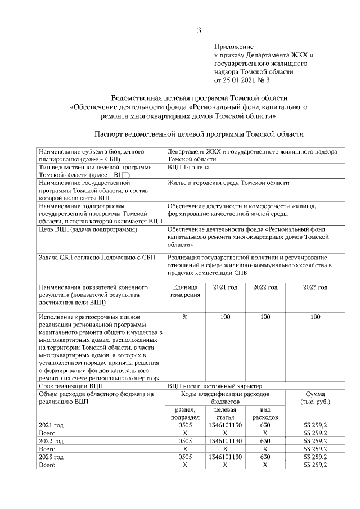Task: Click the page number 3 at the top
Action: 199,30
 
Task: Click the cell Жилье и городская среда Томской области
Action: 228,183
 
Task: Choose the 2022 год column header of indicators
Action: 265,287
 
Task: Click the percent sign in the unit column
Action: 185,317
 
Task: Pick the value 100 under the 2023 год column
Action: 315,317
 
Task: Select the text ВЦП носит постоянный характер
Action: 215,386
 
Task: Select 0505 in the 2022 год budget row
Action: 185,442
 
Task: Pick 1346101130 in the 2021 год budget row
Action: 225,426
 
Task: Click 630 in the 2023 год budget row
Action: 265,457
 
